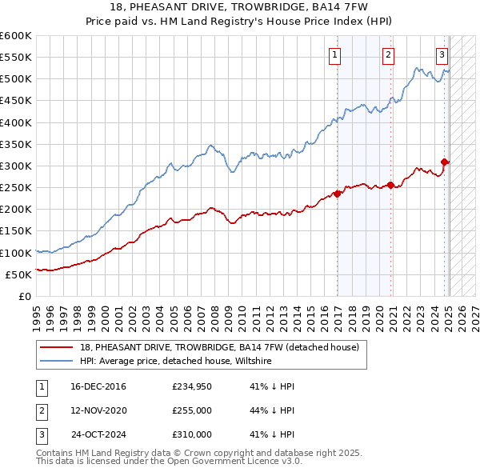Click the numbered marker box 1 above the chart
[334, 55]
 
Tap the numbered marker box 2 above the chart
[388, 55]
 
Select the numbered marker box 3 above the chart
[442, 55]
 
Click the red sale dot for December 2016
[338, 193]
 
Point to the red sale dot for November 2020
[391, 185]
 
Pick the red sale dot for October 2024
[446, 162]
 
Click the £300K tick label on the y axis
[15, 166]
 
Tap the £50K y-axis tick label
[18, 274]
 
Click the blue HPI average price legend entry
[176, 362]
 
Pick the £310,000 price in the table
[192, 434]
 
